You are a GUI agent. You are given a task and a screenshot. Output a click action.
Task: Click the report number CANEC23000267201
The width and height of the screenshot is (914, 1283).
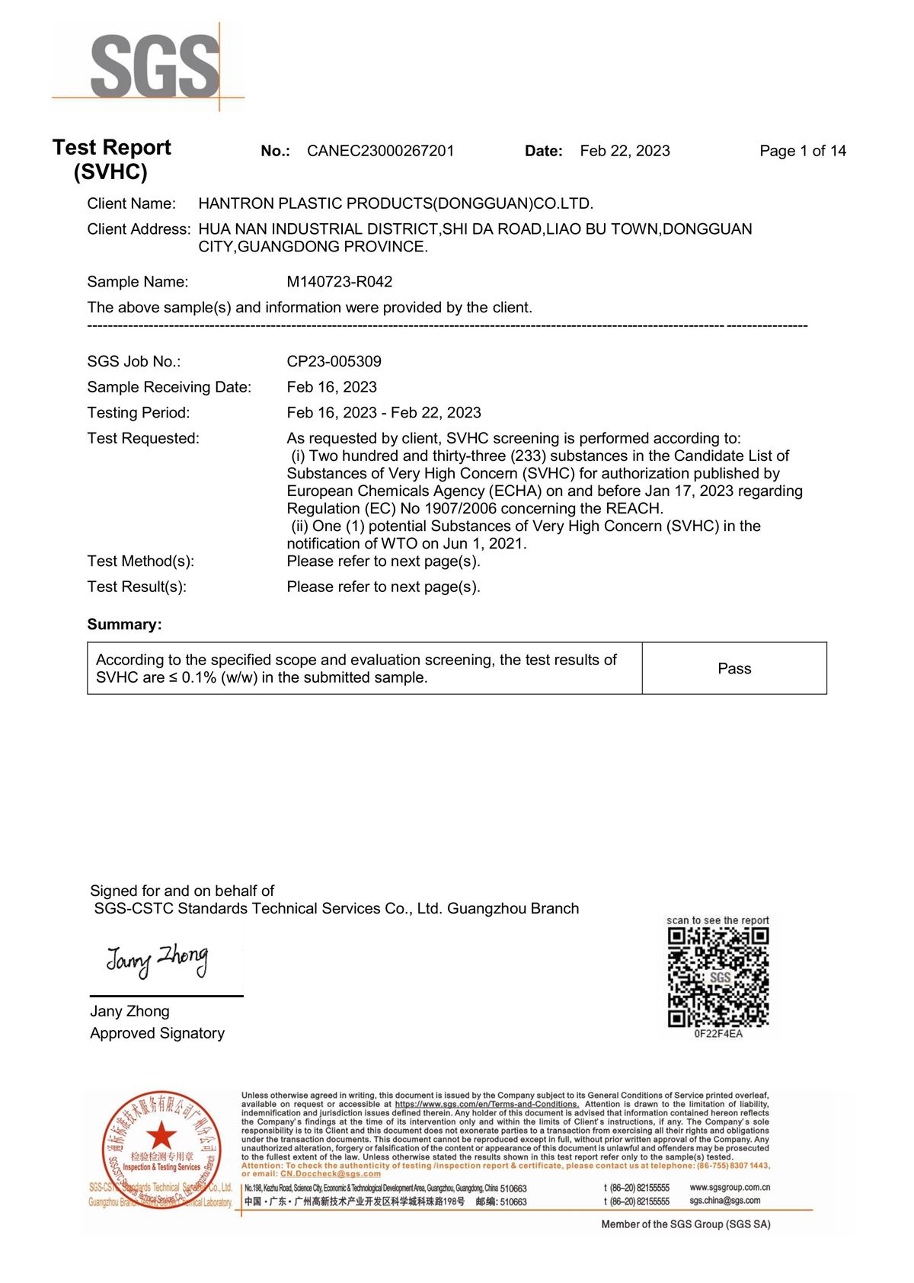click(x=380, y=151)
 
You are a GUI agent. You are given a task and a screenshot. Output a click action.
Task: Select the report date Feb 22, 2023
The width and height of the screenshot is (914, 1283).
click(x=625, y=151)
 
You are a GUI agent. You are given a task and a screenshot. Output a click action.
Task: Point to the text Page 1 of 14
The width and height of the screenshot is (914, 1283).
click(x=802, y=151)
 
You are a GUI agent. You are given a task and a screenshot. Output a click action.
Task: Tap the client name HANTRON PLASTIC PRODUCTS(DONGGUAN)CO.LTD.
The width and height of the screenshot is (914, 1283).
click(x=395, y=203)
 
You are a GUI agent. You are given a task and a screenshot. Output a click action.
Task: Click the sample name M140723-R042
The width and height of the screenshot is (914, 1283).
click(x=340, y=282)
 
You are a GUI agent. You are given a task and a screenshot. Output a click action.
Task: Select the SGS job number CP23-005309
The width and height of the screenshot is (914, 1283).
click(x=334, y=361)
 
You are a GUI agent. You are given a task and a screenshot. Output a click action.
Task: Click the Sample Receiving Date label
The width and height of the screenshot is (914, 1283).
click(x=169, y=387)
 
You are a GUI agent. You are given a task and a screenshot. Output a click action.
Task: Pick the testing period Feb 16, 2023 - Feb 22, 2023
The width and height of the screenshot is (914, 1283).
click(x=384, y=413)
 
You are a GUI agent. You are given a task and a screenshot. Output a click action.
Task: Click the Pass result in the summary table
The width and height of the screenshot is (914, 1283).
click(x=734, y=668)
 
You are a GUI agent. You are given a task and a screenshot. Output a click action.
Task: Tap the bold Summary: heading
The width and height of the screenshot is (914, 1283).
click(x=124, y=625)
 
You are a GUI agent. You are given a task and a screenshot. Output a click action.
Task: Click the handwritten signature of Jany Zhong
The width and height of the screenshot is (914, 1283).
click(x=157, y=960)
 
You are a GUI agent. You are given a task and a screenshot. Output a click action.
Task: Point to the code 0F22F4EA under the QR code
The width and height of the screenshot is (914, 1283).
click(x=718, y=1034)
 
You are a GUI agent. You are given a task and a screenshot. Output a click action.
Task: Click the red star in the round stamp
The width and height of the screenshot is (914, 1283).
click(x=161, y=1136)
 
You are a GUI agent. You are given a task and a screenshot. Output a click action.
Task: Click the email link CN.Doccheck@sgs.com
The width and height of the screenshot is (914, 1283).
click(x=331, y=1174)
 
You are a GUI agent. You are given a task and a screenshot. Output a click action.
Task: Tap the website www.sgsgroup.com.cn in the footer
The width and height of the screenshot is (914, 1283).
click(x=730, y=1187)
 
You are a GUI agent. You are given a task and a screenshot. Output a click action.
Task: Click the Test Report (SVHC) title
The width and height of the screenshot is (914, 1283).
click(x=111, y=159)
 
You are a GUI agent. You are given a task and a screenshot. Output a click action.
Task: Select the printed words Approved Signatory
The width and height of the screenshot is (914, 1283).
click(x=157, y=1033)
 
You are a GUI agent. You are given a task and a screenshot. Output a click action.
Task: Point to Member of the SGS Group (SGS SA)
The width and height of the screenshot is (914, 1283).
click(x=685, y=1224)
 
